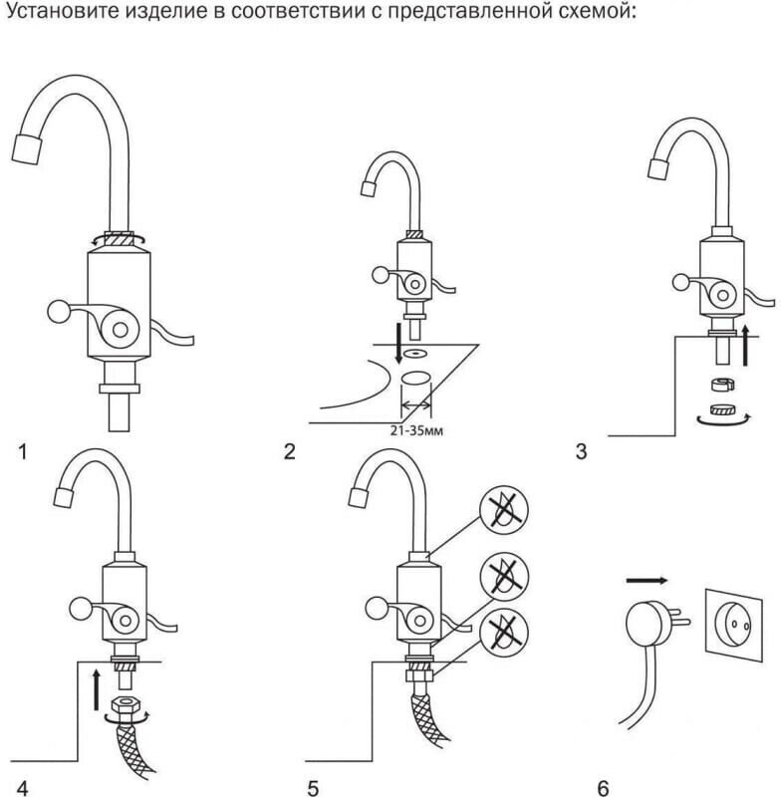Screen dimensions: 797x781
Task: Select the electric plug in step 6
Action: point(651,624)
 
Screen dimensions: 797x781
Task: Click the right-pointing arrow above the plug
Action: point(646,577)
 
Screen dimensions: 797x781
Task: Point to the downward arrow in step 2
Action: point(399,345)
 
